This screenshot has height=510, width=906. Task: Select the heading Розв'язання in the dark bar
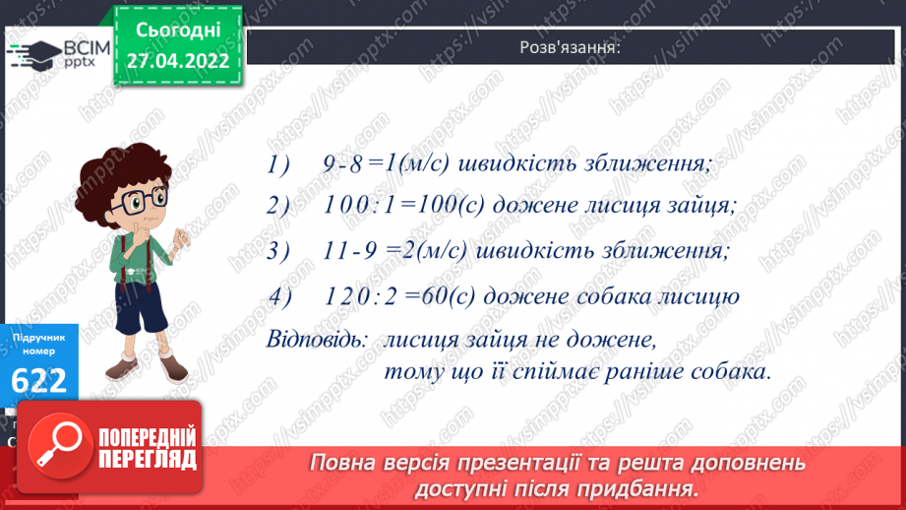pos(572,47)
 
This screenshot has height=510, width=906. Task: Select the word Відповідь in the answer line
pos(316,340)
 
